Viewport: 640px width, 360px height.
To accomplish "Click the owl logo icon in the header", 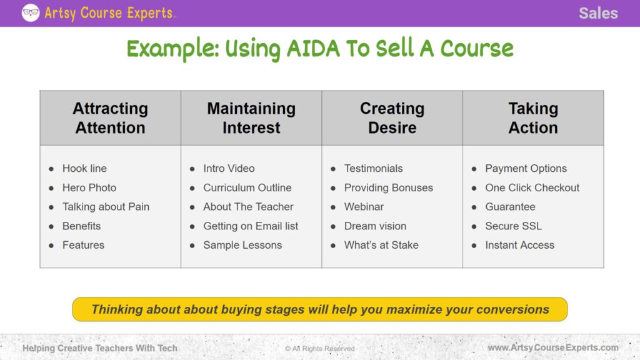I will pyautogui.click(x=30, y=12).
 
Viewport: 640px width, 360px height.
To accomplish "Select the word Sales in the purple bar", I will pyautogui.click(x=597, y=13).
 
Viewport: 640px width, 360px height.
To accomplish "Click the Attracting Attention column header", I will pyautogui.click(x=110, y=118).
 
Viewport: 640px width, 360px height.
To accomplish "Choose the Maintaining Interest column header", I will pyautogui.click(x=251, y=118).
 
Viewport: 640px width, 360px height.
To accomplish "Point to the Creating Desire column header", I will pyautogui.click(x=392, y=118).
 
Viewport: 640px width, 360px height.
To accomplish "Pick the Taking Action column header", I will pyautogui.click(x=532, y=118).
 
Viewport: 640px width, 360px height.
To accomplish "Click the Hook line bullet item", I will pyautogui.click(x=84, y=168).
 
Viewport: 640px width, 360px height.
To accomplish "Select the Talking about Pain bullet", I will pyautogui.click(x=106, y=207).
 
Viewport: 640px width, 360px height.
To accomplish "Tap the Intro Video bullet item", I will pyautogui.click(x=229, y=168).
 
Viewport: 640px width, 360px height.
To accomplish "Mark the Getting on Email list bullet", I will pyautogui.click(x=251, y=226).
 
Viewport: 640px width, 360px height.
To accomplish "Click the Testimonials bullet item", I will pyautogui.click(x=373, y=168).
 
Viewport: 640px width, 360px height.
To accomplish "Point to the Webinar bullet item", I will pyautogui.click(x=364, y=207).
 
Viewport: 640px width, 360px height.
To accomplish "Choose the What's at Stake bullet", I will pyautogui.click(x=381, y=245).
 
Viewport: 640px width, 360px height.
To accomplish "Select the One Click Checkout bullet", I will pyautogui.click(x=532, y=187).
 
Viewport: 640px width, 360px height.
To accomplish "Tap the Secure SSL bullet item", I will pyautogui.click(x=513, y=226).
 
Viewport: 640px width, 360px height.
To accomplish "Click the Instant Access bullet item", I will pyautogui.click(x=519, y=245).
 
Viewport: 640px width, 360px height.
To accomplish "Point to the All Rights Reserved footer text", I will pyautogui.click(x=319, y=348).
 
